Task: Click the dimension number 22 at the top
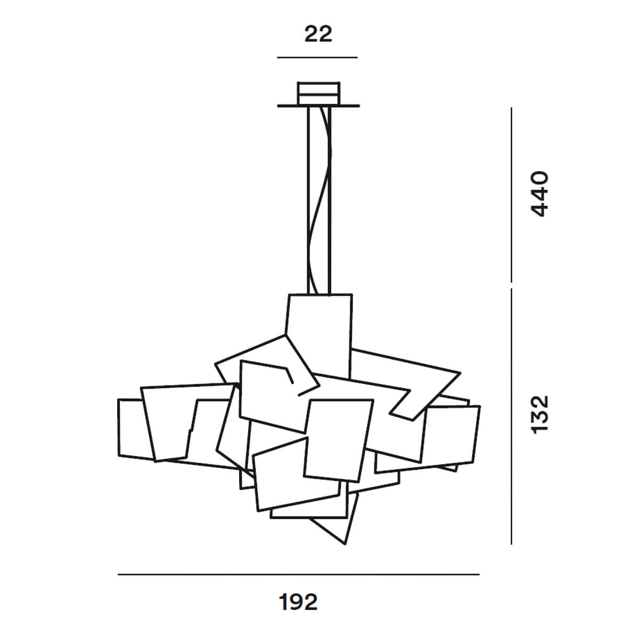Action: point(318,34)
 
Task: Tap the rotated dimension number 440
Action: point(539,194)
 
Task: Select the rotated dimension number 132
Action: point(539,415)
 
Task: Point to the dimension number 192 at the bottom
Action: point(298,602)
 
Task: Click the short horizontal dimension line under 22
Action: point(317,57)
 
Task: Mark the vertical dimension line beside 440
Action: point(511,195)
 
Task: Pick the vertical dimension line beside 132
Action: point(511,416)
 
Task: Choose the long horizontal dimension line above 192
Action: point(298,575)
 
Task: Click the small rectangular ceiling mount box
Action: point(318,93)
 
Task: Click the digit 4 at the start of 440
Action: point(539,209)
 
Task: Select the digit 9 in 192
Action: point(298,602)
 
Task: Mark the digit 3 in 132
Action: point(539,415)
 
